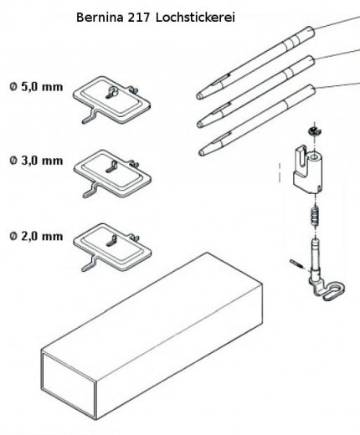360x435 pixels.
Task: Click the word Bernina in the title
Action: pos(100,18)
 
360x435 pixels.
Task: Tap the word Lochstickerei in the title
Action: pos(195,18)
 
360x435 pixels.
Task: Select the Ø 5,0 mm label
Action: pos(36,87)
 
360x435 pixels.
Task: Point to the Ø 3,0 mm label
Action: pos(36,161)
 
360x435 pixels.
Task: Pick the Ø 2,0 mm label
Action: pos(36,236)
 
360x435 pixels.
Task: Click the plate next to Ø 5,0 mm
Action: pos(112,100)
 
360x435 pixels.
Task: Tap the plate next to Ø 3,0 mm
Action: pos(112,173)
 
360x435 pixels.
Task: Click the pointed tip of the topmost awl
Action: pos(198,96)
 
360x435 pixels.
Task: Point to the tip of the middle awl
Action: pos(199,125)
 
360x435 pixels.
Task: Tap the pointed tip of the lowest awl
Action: pos(201,152)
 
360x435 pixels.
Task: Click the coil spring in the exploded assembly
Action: pos(315,217)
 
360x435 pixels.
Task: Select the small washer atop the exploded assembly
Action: pos(314,130)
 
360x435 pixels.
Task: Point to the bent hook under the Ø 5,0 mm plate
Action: pos(90,116)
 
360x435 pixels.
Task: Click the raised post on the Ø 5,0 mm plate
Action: pos(112,90)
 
